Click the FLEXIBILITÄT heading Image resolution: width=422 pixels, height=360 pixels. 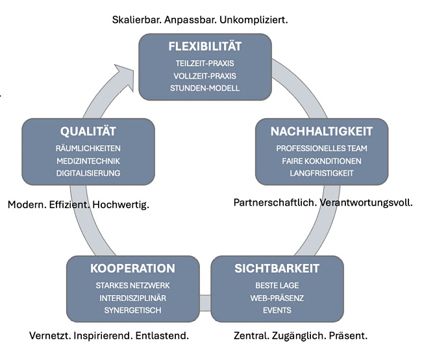pyautogui.click(x=205, y=46)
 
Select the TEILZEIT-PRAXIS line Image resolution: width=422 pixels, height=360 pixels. pyautogui.click(x=205, y=64)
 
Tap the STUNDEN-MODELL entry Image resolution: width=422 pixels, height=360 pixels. pyautogui.click(x=205, y=88)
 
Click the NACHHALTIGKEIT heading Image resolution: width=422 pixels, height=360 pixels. pyautogui.click(x=321, y=131)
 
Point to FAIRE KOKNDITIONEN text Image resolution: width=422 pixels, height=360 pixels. pyautogui.click(x=321, y=161)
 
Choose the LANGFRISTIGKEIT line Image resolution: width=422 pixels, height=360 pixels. pyautogui.click(x=321, y=173)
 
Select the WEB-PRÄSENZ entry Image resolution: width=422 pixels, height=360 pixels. pyautogui.click(x=278, y=298)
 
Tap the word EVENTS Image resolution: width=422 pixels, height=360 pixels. pyautogui.click(x=278, y=310)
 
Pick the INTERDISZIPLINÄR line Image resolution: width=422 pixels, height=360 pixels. pyautogui.click(x=132, y=298)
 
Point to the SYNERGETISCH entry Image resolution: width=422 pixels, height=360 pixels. pyautogui.click(x=132, y=310)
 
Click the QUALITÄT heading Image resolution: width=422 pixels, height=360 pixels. pyautogui.click(x=88, y=131)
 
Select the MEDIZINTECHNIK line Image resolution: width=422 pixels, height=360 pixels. pyautogui.click(x=88, y=161)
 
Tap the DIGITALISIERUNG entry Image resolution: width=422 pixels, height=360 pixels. pyautogui.click(x=88, y=173)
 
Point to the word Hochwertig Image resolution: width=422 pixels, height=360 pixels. pyautogui.click(x=121, y=205)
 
